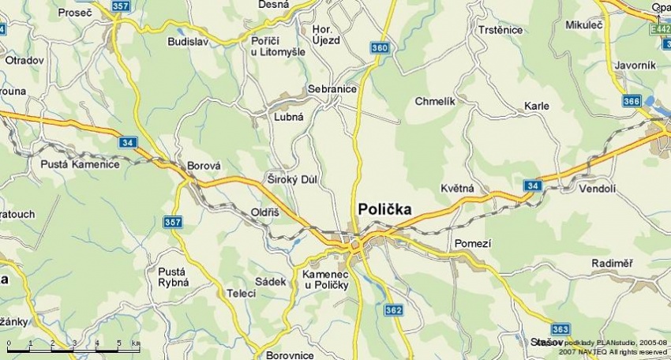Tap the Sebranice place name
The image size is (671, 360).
click(x=332, y=89)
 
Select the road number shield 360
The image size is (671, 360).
click(x=380, y=49)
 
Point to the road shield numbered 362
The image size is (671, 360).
click(x=394, y=310)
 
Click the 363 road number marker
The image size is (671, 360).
click(x=560, y=328)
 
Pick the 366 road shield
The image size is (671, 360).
click(x=631, y=101)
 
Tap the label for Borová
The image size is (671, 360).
click(x=204, y=167)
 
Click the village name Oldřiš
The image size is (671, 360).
click(x=264, y=213)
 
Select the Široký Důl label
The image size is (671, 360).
click(x=292, y=179)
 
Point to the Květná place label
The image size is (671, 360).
click(x=457, y=189)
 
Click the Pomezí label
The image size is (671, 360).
click(x=473, y=244)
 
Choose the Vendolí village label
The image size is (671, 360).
click(x=597, y=189)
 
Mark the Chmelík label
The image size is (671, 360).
click(x=435, y=101)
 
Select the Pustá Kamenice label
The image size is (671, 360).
click(x=80, y=164)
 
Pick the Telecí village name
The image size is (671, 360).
click(x=242, y=293)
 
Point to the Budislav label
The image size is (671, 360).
click(x=188, y=41)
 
